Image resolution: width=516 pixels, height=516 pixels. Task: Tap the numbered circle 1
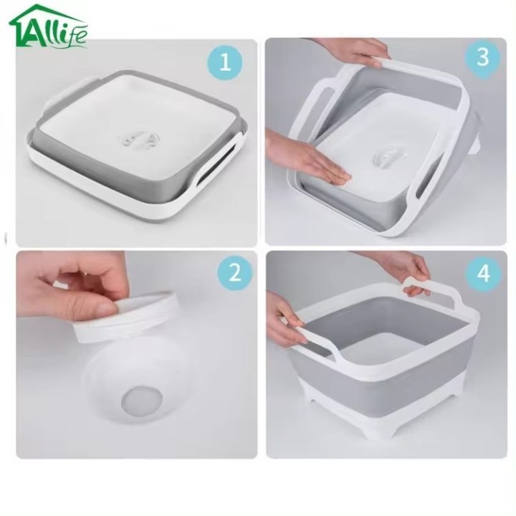tap(225, 62)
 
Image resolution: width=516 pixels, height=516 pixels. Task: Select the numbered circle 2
tap(234, 273)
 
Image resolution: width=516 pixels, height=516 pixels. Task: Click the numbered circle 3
tap(482, 57)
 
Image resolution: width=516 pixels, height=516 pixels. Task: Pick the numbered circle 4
tap(484, 273)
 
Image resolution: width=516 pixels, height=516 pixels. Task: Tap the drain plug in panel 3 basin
tap(388, 158)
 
